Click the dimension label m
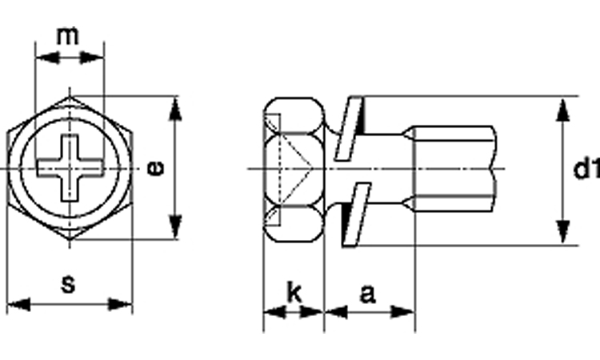click(x=68, y=35)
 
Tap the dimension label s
click(x=69, y=284)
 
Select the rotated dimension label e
click(x=156, y=168)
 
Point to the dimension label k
click(x=294, y=293)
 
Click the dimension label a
click(x=367, y=294)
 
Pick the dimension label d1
click(x=587, y=169)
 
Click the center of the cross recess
click(x=70, y=168)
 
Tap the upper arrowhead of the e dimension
click(x=175, y=109)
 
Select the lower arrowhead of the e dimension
click(x=175, y=228)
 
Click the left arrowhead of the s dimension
click(x=18, y=305)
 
